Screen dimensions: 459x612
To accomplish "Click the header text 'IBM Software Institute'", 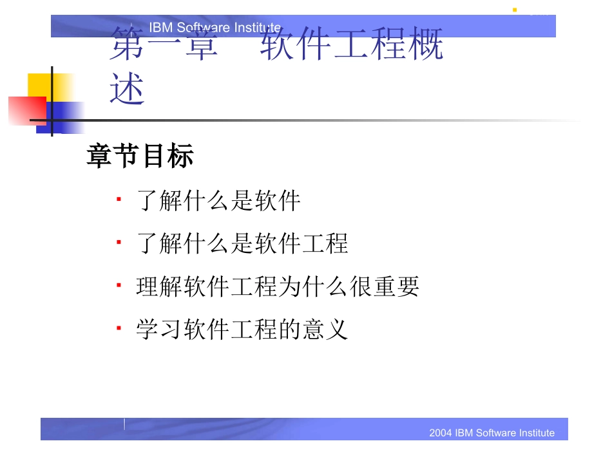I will [215, 27].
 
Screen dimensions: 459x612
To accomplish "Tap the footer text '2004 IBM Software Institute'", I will [492, 433].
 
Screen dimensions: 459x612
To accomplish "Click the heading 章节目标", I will [140, 156].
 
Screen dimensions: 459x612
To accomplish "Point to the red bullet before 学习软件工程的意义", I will [119, 328].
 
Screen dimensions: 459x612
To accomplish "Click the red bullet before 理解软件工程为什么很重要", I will [119, 285].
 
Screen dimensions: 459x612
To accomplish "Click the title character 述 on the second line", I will [127, 88].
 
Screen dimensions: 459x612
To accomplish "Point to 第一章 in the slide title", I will [164, 45].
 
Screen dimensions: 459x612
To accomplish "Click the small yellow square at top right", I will [514, 10].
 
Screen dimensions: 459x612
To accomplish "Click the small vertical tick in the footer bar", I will [124, 424].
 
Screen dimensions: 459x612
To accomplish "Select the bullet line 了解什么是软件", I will [219, 201].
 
